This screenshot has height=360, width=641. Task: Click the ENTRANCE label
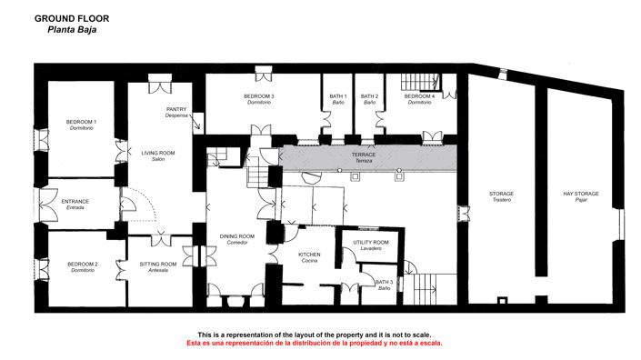(x=75, y=204)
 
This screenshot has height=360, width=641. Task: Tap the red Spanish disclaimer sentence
(x=314, y=344)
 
